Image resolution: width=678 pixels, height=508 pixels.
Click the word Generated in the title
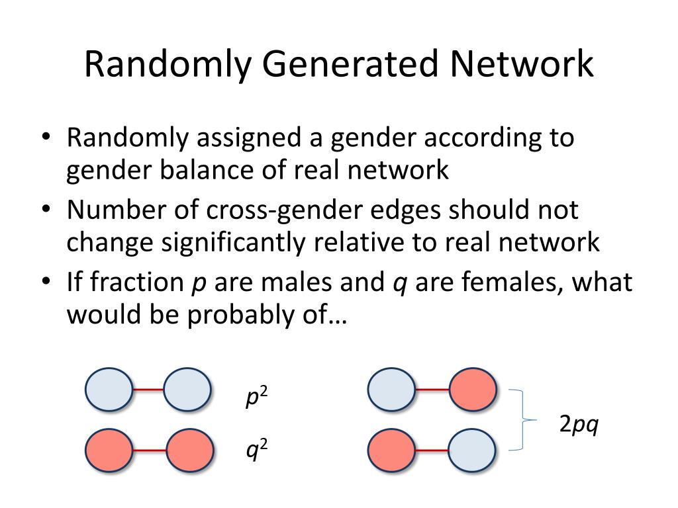point(350,65)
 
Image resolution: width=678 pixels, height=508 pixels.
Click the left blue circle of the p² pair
point(109,390)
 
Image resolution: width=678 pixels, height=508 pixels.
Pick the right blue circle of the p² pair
point(187,390)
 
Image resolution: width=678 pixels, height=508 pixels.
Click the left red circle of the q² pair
point(109,450)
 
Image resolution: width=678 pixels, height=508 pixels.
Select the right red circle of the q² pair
point(189,450)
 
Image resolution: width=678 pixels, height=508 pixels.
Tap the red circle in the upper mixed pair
point(473,389)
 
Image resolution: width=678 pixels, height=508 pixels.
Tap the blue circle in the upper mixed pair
point(391,389)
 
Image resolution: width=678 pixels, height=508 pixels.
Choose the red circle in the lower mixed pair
point(391,450)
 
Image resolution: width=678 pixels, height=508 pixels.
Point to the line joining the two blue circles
point(148,390)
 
